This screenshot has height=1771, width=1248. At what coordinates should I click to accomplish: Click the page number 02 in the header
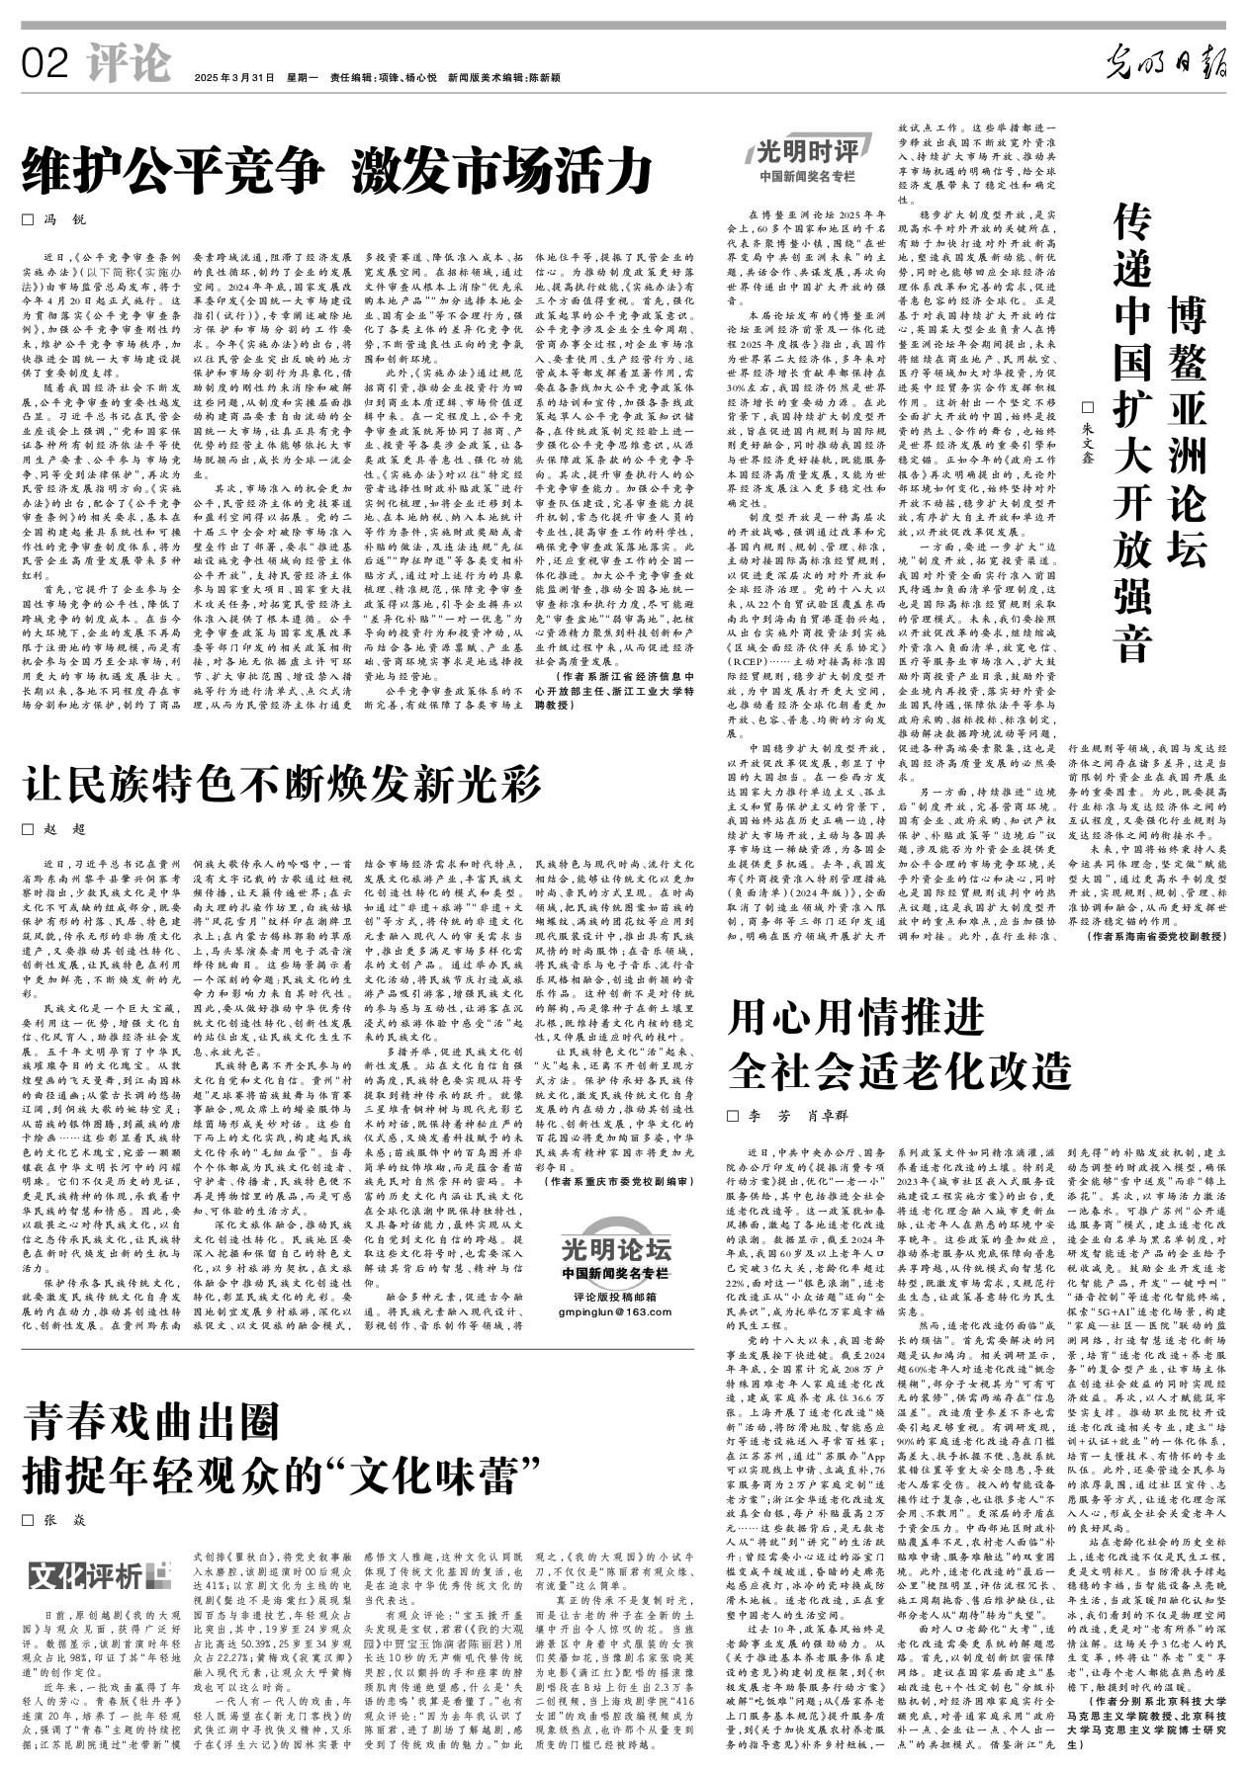45,65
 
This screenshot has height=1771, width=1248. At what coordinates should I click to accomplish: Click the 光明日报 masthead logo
1167,65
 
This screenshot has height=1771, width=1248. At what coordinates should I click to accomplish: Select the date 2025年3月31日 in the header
233,78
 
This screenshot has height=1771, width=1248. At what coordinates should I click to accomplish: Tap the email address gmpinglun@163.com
614,1311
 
